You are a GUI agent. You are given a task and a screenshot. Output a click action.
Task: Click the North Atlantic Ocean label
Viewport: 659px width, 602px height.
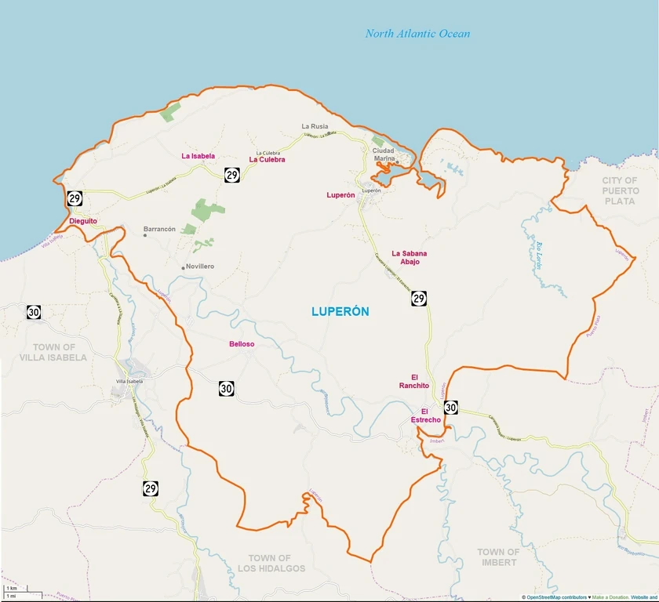[417, 34]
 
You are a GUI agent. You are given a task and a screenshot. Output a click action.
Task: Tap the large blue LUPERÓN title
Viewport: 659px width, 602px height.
[340, 311]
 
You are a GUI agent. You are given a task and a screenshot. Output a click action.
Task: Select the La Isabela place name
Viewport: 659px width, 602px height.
[198, 156]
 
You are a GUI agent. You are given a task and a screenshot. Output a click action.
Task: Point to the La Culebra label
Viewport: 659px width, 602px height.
[267, 160]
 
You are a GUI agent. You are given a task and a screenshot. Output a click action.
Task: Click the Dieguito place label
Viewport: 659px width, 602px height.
[83, 221]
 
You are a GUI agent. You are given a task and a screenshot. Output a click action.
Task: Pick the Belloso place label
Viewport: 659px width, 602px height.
[242, 344]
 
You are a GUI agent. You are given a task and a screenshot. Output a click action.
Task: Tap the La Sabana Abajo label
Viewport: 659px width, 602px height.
[415, 257]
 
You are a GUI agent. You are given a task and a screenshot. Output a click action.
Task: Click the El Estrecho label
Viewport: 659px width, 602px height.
[426, 415]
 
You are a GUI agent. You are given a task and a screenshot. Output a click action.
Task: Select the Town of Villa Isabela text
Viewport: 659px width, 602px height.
[54, 352]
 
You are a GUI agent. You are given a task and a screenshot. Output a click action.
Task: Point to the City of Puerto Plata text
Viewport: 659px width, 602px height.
[620, 190]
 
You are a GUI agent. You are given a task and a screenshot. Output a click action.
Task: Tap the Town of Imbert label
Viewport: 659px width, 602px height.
[498, 557]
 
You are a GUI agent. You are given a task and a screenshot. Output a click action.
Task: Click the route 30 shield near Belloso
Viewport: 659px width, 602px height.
[226, 388]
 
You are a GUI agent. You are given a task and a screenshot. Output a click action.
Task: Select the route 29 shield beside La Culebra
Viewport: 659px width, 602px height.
[231, 175]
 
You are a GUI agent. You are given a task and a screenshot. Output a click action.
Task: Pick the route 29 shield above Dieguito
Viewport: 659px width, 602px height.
[75, 198]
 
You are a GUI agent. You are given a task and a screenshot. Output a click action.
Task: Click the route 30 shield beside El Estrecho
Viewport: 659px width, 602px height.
[450, 407]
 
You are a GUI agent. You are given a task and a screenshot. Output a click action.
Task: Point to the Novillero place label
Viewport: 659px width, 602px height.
[200, 267]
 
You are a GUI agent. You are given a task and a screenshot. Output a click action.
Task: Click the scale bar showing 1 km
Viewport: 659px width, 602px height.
[12, 589]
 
